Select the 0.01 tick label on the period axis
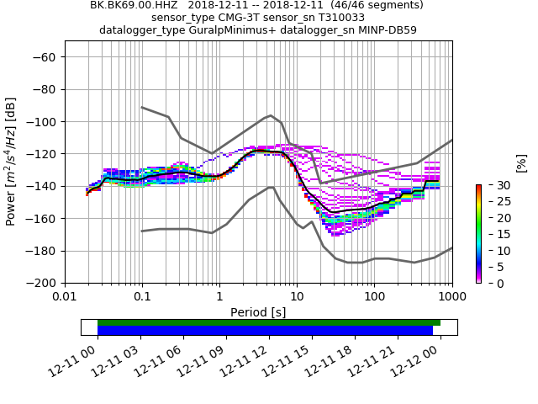coord(65,297)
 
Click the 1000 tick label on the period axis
coord(451,297)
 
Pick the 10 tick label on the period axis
coord(297,297)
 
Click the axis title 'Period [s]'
coord(258,312)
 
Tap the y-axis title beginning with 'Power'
coord(12,162)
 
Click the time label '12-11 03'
coord(120,358)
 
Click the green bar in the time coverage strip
coord(269,322)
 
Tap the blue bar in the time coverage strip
coord(265,331)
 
